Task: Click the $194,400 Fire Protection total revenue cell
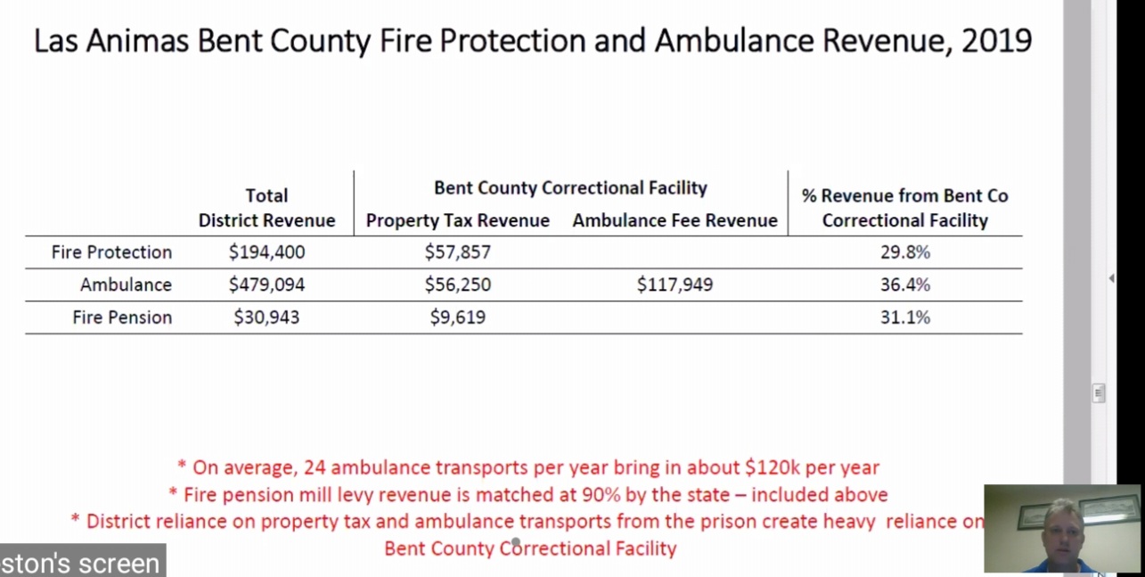click(x=266, y=252)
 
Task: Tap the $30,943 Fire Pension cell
click(x=266, y=317)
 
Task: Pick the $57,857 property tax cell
click(x=457, y=252)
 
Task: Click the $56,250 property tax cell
click(x=457, y=285)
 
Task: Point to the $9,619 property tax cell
click(x=457, y=317)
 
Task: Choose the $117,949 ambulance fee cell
click(x=675, y=285)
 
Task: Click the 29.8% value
click(x=904, y=252)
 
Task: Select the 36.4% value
click(x=904, y=285)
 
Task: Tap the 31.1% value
click(x=904, y=317)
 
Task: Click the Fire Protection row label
click(x=111, y=252)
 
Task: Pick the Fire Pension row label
click(x=122, y=317)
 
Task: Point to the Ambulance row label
click(x=126, y=285)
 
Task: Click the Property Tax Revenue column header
click(x=457, y=220)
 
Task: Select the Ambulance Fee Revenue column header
click(x=675, y=220)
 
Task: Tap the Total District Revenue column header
click(x=266, y=208)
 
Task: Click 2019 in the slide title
click(x=996, y=41)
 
